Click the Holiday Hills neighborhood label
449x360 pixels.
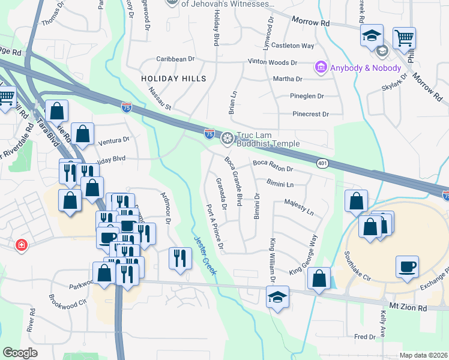(x=173, y=79)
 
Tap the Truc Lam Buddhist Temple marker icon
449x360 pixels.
(x=227, y=139)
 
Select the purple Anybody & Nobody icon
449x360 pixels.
(x=321, y=67)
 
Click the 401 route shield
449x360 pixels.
(x=322, y=163)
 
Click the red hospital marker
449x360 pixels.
(x=22, y=245)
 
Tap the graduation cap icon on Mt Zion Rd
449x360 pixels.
(x=277, y=297)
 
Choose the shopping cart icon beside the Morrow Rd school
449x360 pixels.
(x=404, y=38)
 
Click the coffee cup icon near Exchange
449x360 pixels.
(x=407, y=266)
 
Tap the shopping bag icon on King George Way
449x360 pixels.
(x=319, y=278)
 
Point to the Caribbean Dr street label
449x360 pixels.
(x=175, y=59)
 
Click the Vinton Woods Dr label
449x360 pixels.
(x=273, y=62)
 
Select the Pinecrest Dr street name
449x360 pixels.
(x=311, y=114)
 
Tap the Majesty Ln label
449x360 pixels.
(x=299, y=208)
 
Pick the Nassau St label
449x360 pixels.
(x=160, y=99)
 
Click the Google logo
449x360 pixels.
(x=20, y=352)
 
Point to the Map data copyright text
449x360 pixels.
(x=423, y=355)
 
